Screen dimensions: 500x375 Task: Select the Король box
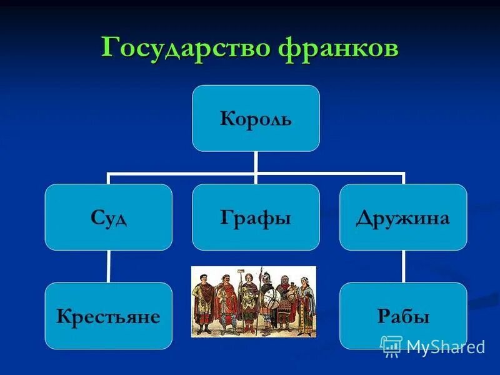coord(256,118)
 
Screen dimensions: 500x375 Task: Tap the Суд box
coord(108,217)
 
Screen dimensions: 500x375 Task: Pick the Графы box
coord(256,217)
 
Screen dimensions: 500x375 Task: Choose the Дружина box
coord(403,217)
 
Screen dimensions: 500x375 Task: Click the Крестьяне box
coord(108,316)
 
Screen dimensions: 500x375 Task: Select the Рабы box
coord(403,316)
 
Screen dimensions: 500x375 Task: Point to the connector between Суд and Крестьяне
coord(108,267)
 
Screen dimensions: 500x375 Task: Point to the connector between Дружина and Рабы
coord(403,267)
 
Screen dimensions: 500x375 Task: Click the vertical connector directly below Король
coord(256,162)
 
